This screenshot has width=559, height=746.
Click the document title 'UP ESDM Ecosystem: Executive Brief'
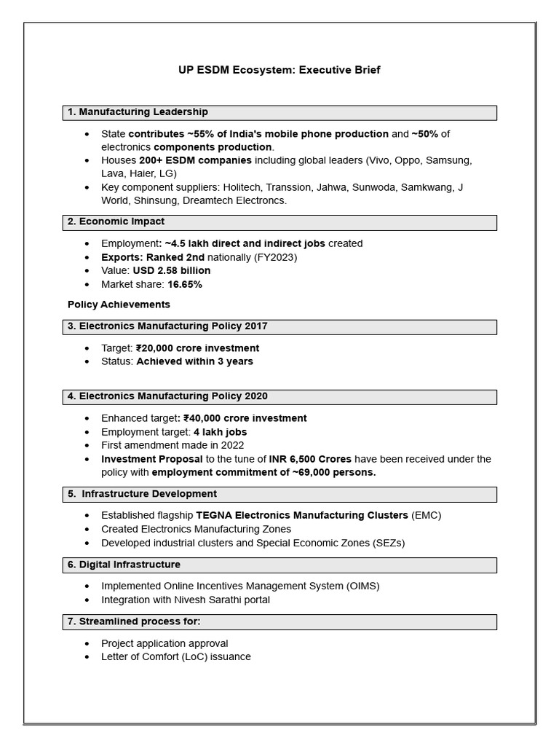pyautogui.click(x=279, y=70)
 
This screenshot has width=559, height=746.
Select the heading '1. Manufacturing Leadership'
pyautogui.click(x=138, y=112)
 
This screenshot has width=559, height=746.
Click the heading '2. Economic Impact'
pyautogui.click(x=116, y=221)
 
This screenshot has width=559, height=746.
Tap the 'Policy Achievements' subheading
pyautogui.click(x=119, y=305)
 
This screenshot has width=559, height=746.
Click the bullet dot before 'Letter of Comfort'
pyautogui.click(x=87, y=657)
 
